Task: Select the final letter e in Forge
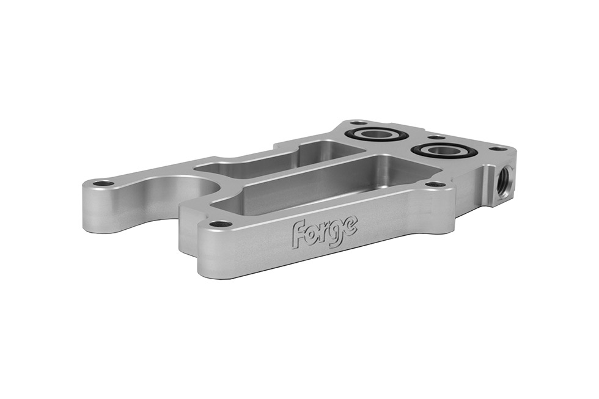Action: (x=350, y=224)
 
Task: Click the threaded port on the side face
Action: (x=506, y=177)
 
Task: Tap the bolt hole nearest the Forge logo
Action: (x=220, y=224)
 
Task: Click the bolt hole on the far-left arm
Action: (x=105, y=183)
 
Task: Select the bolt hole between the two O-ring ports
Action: (x=435, y=137)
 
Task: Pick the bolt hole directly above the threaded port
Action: (x=499, y=148)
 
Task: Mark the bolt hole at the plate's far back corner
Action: (x=359, y=123)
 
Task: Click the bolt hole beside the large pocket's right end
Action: (x=435, y=184)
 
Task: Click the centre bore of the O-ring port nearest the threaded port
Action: (x=442, y=150)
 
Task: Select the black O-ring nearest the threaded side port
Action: (x=422, y=151)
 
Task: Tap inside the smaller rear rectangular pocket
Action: (x=269, y=160)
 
